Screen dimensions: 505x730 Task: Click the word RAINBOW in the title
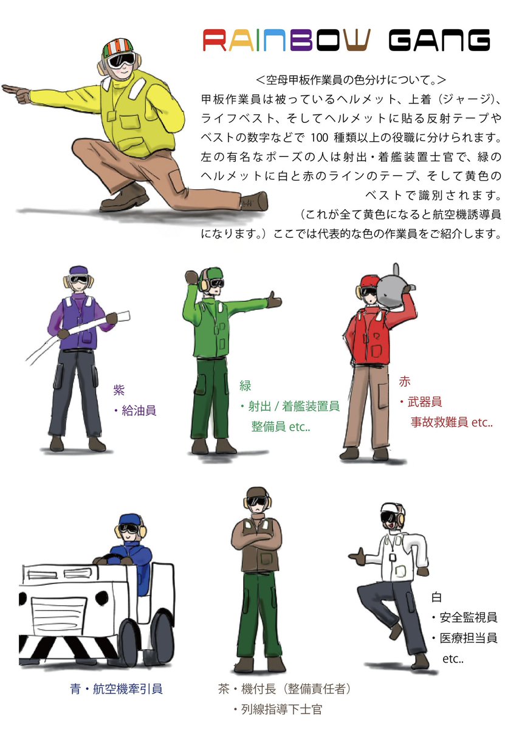286,40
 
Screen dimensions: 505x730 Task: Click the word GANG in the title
439,40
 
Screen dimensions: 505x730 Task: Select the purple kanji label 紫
119,390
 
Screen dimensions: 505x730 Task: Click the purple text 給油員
139,410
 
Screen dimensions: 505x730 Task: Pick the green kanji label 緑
245,386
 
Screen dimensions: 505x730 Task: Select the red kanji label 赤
404,381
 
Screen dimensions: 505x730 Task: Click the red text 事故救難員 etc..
452,422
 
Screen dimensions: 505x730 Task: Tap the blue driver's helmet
129,521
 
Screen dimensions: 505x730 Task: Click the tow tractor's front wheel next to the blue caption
129,643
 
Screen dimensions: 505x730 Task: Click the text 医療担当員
468,638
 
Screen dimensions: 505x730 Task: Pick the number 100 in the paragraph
319,138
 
